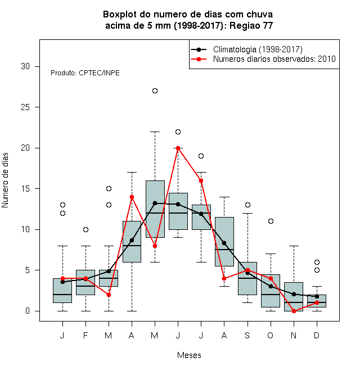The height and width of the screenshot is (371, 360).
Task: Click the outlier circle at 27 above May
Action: [155, 91]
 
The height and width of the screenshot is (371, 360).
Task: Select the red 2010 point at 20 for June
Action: [178, 148]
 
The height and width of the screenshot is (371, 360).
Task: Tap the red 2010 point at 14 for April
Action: [132, 197]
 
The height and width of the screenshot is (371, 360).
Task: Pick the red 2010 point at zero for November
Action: [294, 311]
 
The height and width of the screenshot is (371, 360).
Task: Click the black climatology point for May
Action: [155, 203]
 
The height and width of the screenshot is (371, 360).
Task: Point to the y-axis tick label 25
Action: [25, 107]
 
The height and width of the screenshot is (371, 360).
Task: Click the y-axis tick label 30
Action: [25, 66]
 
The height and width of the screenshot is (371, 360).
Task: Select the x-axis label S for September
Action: [247, 336]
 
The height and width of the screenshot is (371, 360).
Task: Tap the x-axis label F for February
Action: [85, 336]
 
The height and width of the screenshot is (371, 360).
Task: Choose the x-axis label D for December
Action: [317, 336]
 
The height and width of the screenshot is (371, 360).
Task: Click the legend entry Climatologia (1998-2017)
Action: [258, 49]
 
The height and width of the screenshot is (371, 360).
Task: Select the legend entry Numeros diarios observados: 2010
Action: [274, 59]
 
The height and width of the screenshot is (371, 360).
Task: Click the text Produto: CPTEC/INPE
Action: [85, 73]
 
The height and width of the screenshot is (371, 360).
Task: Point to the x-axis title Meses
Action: [189, 355]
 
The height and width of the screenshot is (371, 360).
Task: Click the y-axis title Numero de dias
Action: [5, 180]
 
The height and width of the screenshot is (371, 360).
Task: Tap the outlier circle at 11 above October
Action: [271, 221]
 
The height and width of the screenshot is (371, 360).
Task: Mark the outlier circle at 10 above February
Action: [85, 229]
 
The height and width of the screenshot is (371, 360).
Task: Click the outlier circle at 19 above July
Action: [201, 156]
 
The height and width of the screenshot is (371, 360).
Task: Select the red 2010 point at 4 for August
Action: [224, 278]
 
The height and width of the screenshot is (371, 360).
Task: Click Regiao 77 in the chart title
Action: [251, 25]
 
